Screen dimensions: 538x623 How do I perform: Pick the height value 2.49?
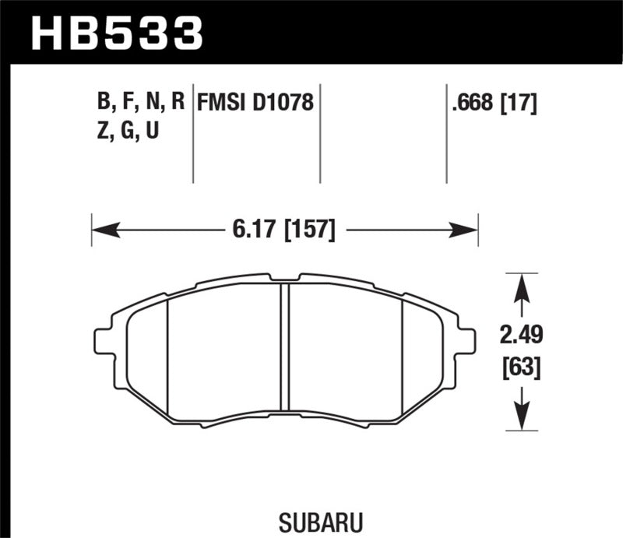coord(522,336)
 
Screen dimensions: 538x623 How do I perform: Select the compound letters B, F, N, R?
coord(141,102)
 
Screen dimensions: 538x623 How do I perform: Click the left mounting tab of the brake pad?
coord(102,341)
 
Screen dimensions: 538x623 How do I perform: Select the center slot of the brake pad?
coord(284,346)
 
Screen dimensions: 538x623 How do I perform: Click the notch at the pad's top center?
coord(284,277)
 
